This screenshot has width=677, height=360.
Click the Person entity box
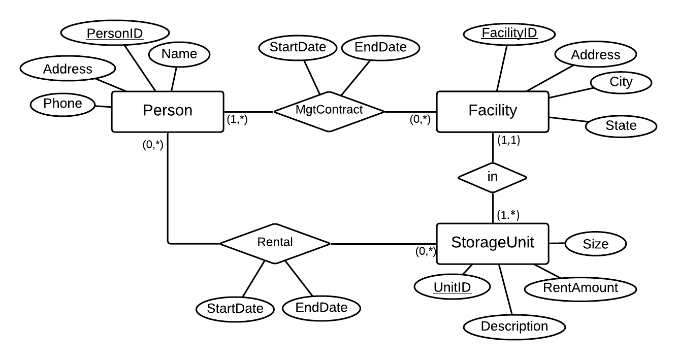click(x=167, y=111)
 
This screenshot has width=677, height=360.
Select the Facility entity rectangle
click(x=492, y=111)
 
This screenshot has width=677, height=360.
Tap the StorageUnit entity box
click(x=492, y=243)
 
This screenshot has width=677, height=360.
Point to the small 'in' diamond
click(x=492, y=177)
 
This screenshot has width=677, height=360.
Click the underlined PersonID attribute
click(x=114, y=34)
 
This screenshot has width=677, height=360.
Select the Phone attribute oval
click(x=63, y=104)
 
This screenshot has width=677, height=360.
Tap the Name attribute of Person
click(x=179, y=54)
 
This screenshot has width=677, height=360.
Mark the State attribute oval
click(x=621, y=125)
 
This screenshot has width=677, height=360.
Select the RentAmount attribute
click(x=580, y=288)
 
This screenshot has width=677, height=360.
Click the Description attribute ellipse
click(x=514, y=326)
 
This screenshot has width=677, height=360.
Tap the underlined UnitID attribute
click(x=452, y=288)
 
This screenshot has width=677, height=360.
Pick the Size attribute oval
click(x=595, y=244)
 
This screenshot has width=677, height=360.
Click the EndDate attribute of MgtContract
click(x=381, y=48)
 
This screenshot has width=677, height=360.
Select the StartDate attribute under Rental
click(x=235, y=308)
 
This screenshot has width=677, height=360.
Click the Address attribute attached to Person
click(x=68, y=69)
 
